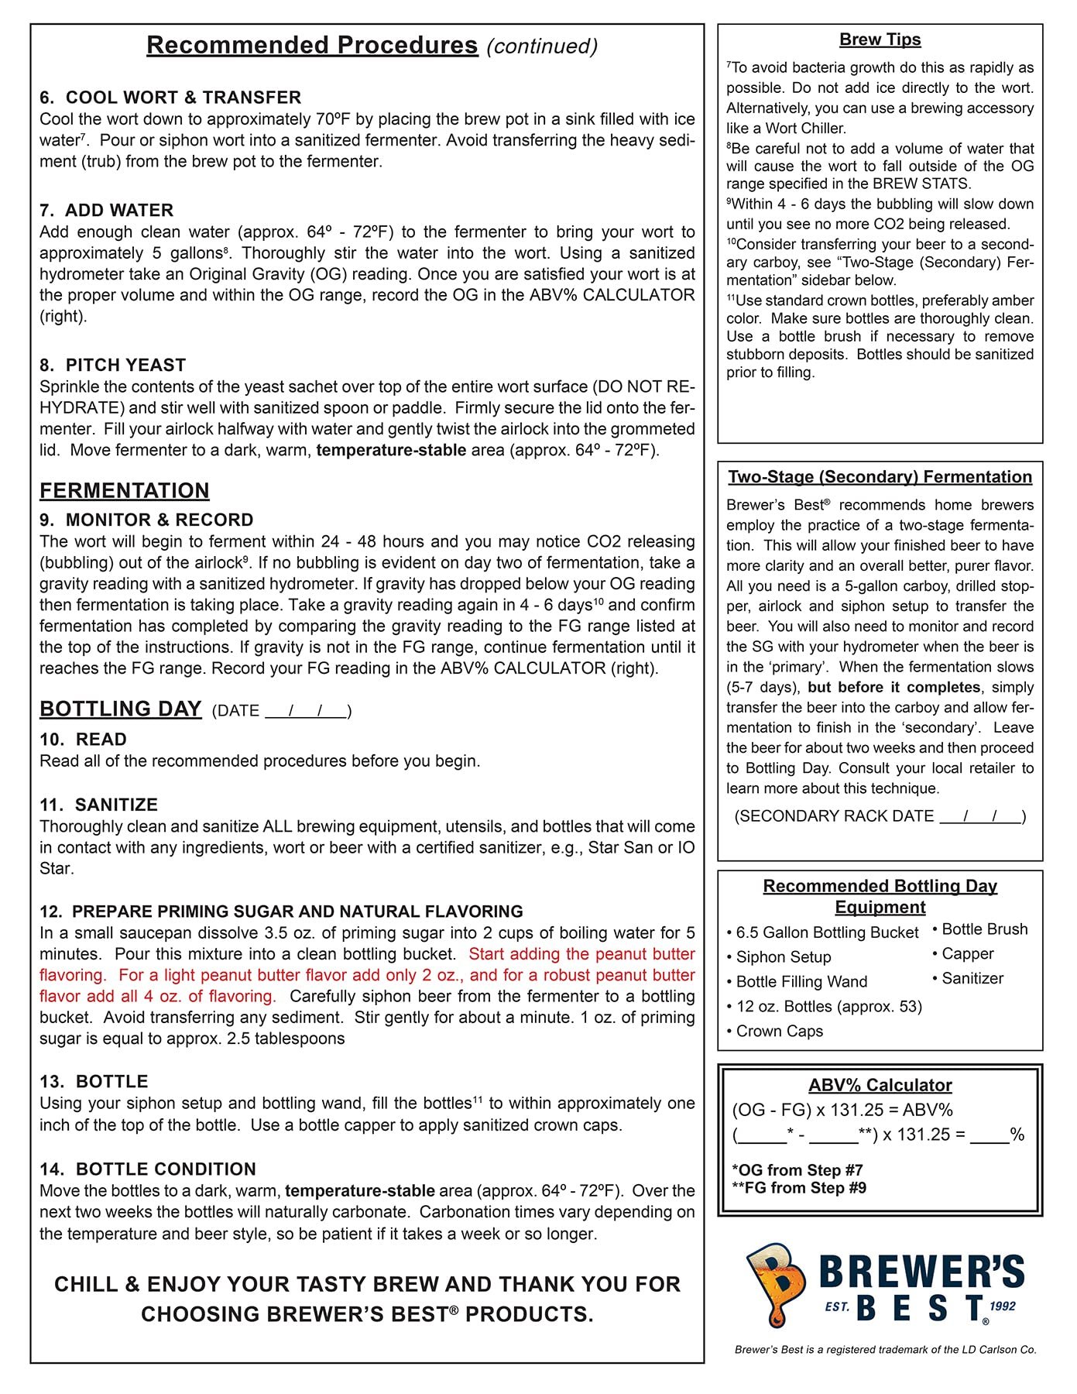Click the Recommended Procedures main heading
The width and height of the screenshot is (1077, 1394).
click(x=312, y=45)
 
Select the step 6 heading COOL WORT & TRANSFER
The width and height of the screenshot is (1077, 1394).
click(x=170, y=98)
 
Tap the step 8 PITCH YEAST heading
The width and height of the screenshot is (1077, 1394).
click(x=113, y=365)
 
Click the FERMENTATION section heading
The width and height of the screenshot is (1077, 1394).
click(x=125, y=491)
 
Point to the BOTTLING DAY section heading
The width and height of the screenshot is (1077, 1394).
click(x=121, y=709)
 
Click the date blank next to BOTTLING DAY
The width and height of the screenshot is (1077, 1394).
click(x=306, y=711)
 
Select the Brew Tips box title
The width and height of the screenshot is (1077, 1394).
click(x=880, y=39)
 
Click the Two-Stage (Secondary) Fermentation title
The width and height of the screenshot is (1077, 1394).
click(x=880, y=477)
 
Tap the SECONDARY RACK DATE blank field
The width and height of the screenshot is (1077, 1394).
click(x=980, y=816)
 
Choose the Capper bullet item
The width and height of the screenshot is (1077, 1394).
click(x=967, y=954)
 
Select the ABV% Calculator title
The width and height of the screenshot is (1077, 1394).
click(x=880, y=1085)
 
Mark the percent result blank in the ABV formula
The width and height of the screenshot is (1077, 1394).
click(x=990, y=1136)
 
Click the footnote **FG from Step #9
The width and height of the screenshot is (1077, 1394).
click(x=799, y=1188)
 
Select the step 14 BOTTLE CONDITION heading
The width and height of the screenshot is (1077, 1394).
click(x=147, y=1169)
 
